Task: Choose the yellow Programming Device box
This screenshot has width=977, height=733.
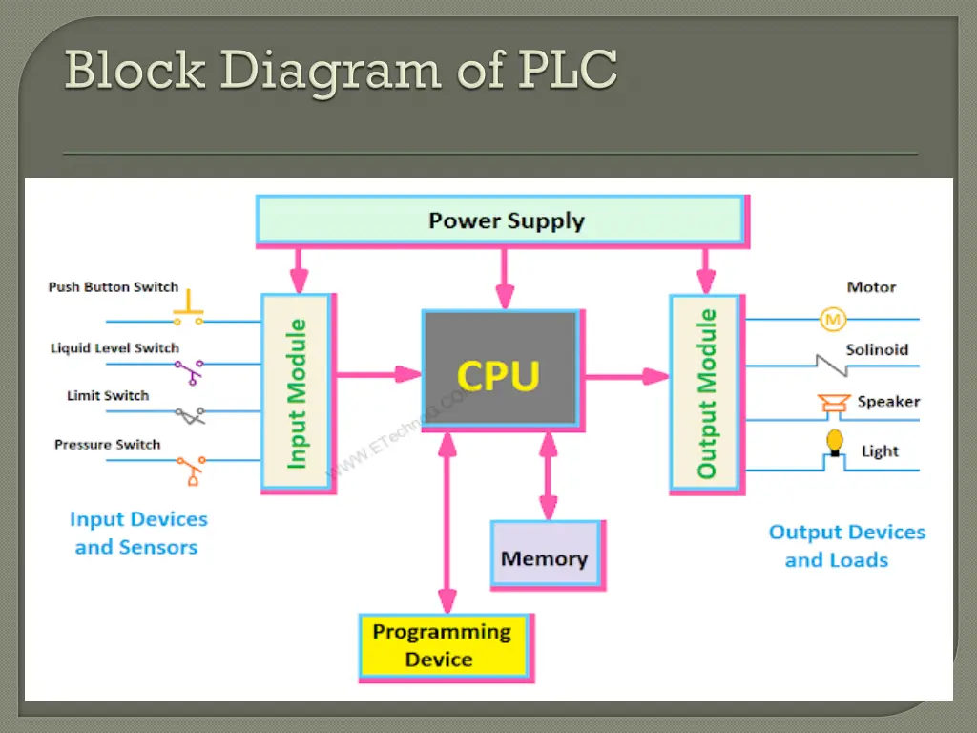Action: point(443,645)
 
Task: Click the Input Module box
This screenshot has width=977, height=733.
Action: point(297,392)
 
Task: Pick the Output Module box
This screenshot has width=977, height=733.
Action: point(706,392)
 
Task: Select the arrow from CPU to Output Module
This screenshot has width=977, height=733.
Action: point(626,376)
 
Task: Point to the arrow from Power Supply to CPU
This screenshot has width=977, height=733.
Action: point(505,277)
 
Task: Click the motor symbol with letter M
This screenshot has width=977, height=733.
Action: point(831,318)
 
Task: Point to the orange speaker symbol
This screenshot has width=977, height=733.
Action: point(832,406)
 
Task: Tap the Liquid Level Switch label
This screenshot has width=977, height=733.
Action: point(114,348)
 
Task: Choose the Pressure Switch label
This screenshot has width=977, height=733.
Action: point(107,445)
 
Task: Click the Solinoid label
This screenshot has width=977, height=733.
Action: point(877,350)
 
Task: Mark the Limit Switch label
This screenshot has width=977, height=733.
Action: point(108,396)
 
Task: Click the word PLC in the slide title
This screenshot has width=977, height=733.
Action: point(568,70)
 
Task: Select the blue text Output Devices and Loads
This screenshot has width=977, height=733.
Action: point(846,546)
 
